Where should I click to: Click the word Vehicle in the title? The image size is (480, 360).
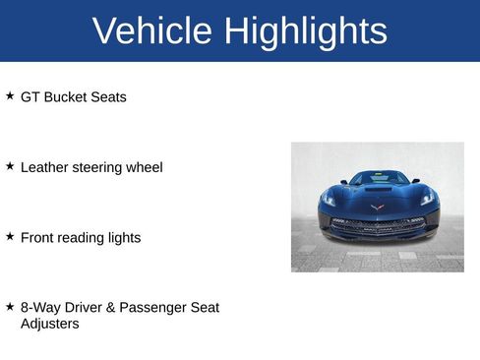(152, 31)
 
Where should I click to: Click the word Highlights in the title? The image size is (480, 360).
(305, 31)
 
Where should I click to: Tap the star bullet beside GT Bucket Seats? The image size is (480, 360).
(10, 96)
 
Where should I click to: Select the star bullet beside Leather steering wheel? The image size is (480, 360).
(10, 166)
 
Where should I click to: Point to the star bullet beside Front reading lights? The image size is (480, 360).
(10, 236)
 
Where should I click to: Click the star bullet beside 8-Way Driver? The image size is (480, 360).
(10, 307)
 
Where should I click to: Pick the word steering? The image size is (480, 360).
(99, 167)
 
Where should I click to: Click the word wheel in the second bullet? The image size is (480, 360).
(145, 167)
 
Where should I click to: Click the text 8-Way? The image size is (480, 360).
(40, 308)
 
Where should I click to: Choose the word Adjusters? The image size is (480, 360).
(49, 323)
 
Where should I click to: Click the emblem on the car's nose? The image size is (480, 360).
(377, 207)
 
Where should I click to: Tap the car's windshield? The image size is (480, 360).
(378, 178)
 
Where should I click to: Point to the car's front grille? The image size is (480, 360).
(377, 223)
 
